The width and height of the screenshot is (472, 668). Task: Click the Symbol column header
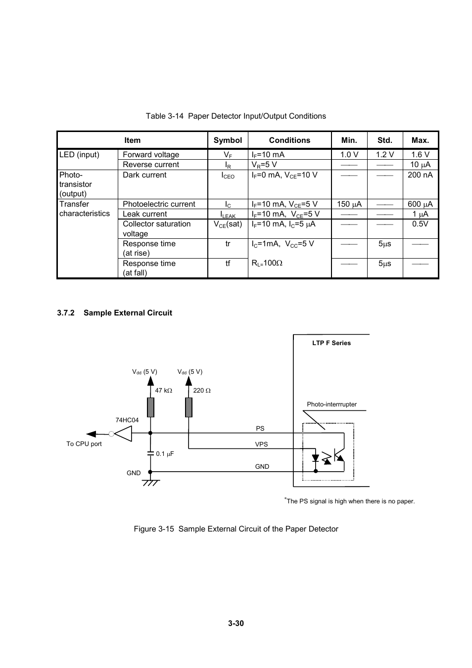click(x=228, y=140)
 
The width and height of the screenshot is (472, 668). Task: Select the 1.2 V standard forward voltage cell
click(x=384, y=155)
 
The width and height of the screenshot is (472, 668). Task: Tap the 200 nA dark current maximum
click(x=420, y=175)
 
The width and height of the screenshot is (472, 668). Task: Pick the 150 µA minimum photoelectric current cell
click(x=349, y=204)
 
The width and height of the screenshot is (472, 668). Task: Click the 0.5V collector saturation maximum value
click(x=420, y=224)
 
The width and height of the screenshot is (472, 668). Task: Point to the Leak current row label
click(x=144, y=214)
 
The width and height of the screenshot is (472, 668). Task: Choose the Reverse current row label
click(x=151, y=165)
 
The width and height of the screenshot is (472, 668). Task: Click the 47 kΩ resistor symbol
click(x=150, y=407)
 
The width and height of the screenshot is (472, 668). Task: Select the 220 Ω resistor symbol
click(x=189, y=407)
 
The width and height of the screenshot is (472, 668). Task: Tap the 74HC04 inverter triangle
click(x=124, y=434)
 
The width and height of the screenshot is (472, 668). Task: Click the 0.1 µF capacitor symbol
click(x=150, y=452)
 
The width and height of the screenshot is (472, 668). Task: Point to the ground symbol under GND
click(x=150, y=482)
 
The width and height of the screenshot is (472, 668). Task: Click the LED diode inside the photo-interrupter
click(x=316, y=458)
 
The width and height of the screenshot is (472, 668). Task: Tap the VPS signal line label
click(x=261, y=445)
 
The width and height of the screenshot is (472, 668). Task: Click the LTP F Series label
click(x=331, y=343)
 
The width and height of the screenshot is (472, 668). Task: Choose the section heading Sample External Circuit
click(x=128, y=313)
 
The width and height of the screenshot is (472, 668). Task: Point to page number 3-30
click(x=236, y=623)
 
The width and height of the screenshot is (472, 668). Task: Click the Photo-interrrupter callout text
click(x=331, y=404)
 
